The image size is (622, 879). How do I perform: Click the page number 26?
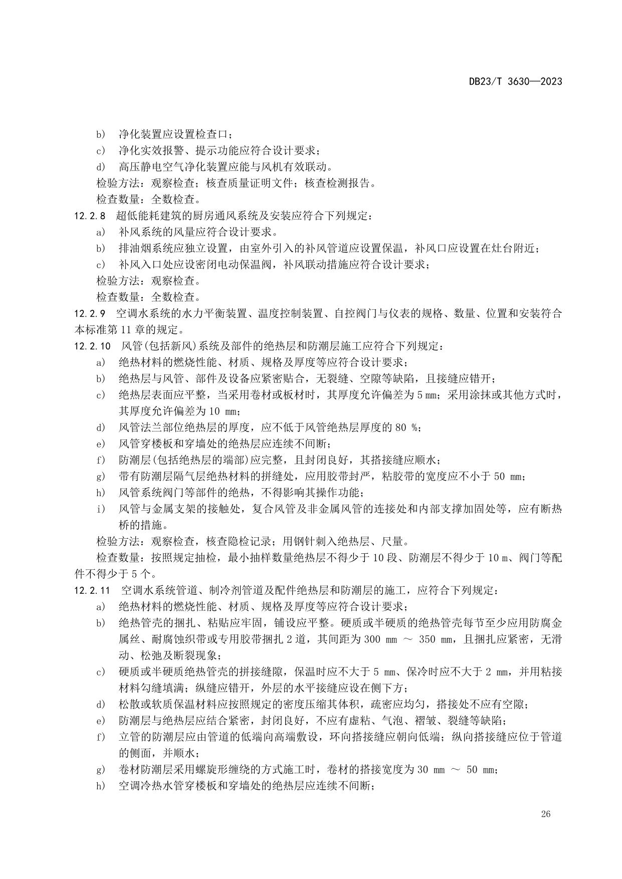coord(546,814)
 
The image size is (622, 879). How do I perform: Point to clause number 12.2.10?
coord(93,346)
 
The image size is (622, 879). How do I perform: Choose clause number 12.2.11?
coord(93,590)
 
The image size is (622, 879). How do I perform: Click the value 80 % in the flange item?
coord(406,427)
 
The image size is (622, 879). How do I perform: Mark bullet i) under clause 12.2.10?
coord(101,509)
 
